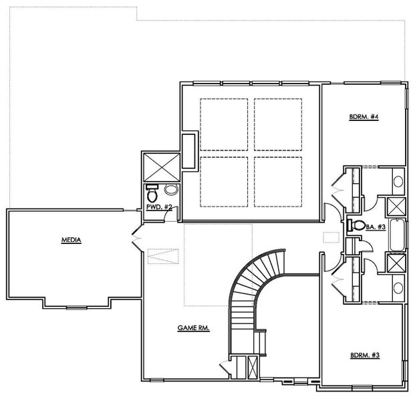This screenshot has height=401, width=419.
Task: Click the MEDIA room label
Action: click(x=71, y=240)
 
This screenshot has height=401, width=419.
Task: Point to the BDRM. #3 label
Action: click(x=364, y=356)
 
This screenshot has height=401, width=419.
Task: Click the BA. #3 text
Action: click(x=376, y=227)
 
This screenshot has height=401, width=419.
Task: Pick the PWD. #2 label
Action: click(x=159, y=209)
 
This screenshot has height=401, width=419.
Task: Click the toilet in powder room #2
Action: click(x=152, y=193)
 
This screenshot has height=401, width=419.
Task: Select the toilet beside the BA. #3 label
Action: click(x=356, y=226)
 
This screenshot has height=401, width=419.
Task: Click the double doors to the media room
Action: click(x=136, y=238)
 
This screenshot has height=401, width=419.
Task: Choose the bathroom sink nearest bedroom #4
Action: click(x=397, y=181)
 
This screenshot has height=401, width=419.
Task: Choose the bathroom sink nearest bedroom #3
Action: click(x=397, y=288)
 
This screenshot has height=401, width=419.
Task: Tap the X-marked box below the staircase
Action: click(x=252, y=368)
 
